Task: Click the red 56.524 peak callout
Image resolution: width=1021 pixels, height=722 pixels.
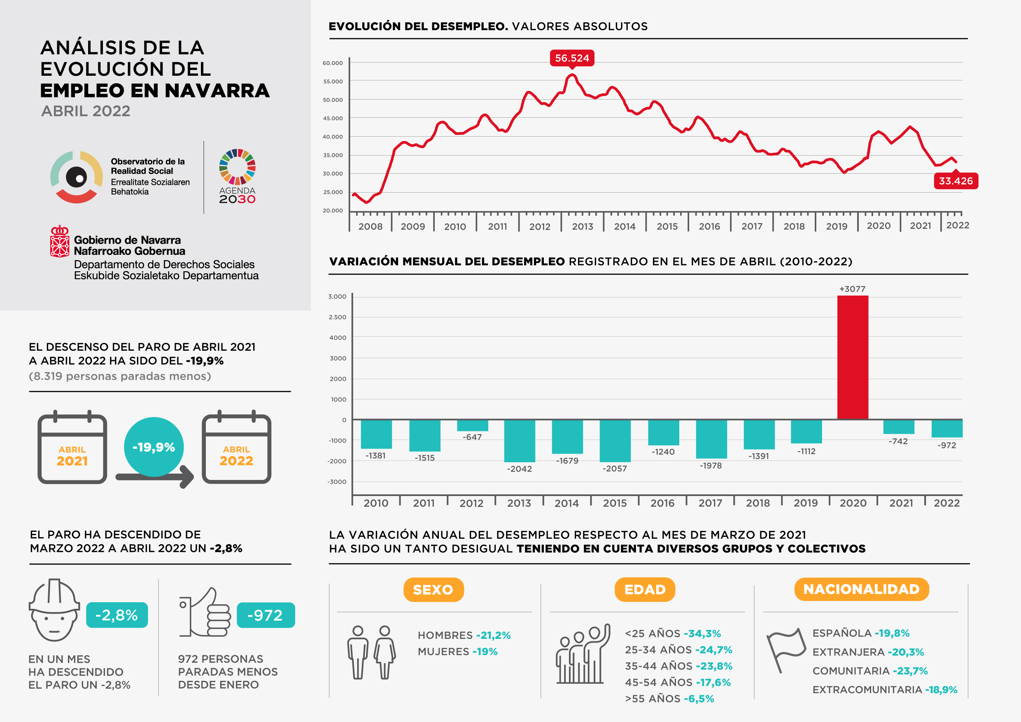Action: pyautogui.click(x=572, y=58)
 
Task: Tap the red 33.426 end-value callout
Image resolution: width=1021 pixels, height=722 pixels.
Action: pyautogui.click(x=956, y=181)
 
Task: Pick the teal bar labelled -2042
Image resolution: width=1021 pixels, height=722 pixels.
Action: pyautogui.click(x=520, y=440)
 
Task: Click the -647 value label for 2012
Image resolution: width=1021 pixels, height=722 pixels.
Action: pyautogui.click(x=472, y=437)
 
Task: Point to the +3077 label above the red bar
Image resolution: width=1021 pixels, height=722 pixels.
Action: pyautogui.click(x=852, y=289)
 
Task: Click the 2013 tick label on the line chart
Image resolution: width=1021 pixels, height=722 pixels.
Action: pyautogui.click(x=583, y=226)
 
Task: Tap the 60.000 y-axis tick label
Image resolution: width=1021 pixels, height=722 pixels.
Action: pyautogui.click(x=333, y=63)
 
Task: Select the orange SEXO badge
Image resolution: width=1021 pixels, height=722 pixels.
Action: pyautogui.click(x=433, y=589)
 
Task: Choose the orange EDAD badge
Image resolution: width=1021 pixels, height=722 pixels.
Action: pyautogui.click(x=645, y=589)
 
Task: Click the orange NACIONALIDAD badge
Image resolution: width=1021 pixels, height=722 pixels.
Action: pyautogui.click(x=861, y=589)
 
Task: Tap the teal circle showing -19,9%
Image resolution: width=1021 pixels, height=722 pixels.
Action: pyautogui.click(x=154, y=447)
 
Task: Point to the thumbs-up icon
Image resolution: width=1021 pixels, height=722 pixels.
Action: pyautogui.click(x=205, y=613)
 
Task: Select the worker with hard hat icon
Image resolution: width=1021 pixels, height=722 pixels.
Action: pyautogui.click(x=54, y=610)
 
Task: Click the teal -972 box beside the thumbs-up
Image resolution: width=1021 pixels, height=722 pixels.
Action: pyautogui.click(x=266, y=615)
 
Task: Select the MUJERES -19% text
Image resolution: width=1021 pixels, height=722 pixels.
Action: pyautogui.click(x=457, y=652)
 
